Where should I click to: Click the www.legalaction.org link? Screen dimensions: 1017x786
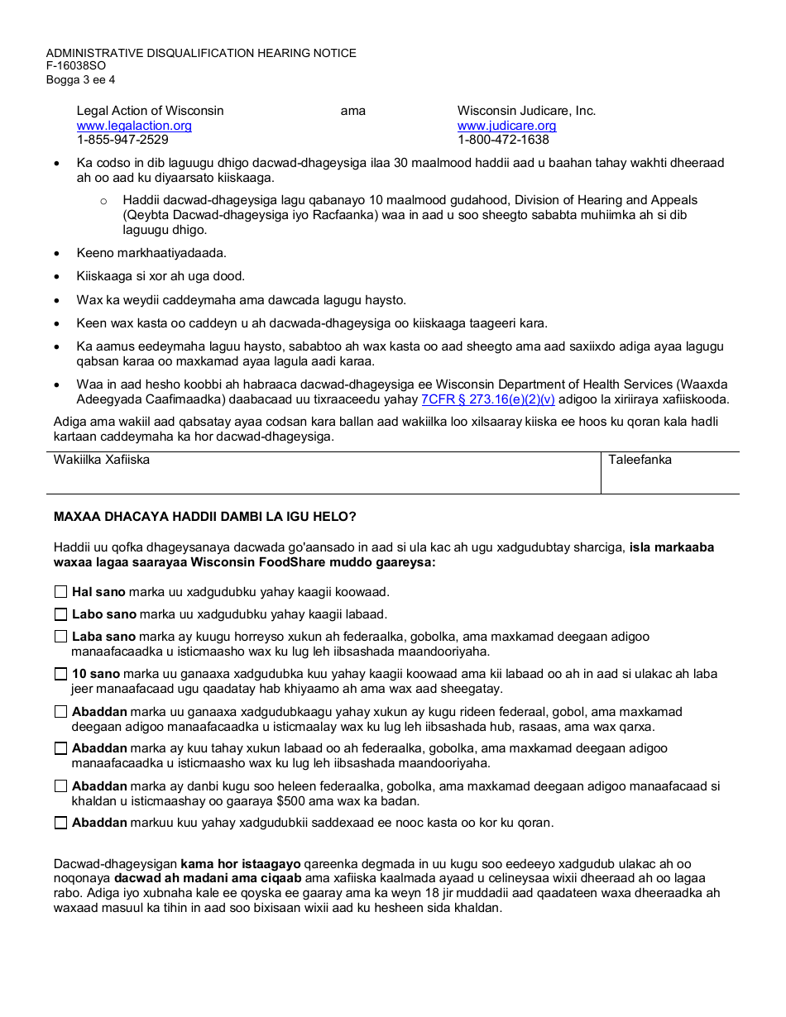(134, 126)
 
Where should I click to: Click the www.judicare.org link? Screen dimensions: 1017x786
(506, 126)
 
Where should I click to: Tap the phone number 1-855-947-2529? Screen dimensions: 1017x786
(122, 140)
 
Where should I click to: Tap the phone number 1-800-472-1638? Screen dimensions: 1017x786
(503, 140)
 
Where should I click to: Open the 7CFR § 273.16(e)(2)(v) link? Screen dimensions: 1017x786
(488, 399)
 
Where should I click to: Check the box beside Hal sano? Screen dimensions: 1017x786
(61, 592)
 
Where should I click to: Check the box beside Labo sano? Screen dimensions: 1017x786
(61, 614)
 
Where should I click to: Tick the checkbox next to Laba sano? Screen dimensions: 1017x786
(61, 637)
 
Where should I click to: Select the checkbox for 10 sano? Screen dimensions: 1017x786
(61, 674)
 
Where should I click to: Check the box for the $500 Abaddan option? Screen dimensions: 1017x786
(61, 786)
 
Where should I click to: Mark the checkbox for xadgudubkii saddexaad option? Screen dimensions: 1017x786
(61, 823)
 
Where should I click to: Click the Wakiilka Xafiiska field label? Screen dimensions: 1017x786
(102, 460)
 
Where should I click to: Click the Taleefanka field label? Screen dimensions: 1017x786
(640, 460)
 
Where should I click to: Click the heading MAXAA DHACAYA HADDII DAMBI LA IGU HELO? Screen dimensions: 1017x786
(205, 517)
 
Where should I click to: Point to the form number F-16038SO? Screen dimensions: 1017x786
(75, 66)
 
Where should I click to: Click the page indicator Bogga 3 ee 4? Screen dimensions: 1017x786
(80, 79)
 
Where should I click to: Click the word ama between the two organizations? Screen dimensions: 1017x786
(353, 111)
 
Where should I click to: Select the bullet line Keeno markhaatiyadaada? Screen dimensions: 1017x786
(151, 253)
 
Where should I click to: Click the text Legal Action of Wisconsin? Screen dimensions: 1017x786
(150, 111)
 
